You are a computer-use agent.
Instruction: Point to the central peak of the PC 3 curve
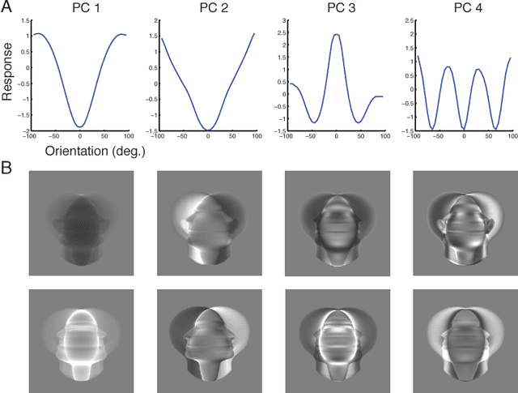click(336, 35)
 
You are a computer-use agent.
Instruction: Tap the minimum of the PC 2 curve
click(208, 129)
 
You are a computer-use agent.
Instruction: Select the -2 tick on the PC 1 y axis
click(26, 130)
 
